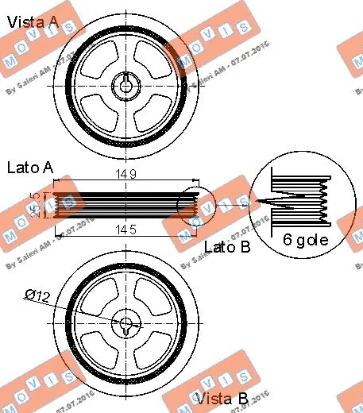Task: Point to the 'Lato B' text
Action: click(x=226, y=247)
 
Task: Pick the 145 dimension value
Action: click(x=125, y=230)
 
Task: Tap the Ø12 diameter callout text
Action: click(x=38, y=295)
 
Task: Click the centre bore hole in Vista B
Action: click(x=125, y=322)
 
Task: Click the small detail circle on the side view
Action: click(x=194, y=205)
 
